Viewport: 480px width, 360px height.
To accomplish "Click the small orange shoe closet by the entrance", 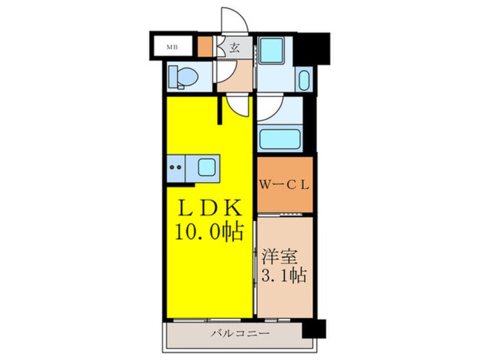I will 205,46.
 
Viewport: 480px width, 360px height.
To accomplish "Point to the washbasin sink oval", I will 304,80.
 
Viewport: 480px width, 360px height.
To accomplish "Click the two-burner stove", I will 176,168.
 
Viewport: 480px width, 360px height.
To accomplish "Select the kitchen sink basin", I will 205,168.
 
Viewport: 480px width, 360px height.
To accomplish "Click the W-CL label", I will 284,185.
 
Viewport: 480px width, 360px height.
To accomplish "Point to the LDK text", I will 210,208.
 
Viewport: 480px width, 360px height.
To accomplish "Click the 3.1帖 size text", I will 284,276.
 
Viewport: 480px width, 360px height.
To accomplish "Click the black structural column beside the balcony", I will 314,329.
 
